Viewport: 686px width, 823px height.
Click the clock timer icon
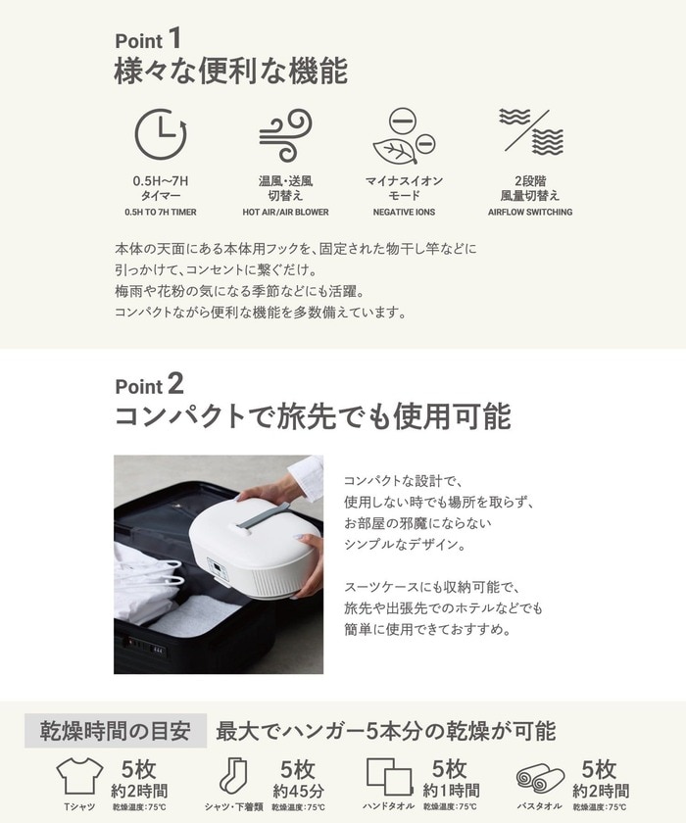tap(160, 134)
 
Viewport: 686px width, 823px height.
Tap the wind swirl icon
tap(285, 134)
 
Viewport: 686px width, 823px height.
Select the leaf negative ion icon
tap(403, 137)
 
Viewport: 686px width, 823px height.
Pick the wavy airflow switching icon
tap(530, 130)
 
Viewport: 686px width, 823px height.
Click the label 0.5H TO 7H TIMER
tap(160, 212)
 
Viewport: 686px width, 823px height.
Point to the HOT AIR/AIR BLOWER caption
tap(285, 212)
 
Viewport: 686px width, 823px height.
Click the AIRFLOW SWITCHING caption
tap(530, 212)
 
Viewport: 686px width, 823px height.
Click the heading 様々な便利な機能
tap(231, 72)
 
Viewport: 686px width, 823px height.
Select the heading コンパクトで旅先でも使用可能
tap(313, 416)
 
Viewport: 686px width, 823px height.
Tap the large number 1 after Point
tap(174, 39)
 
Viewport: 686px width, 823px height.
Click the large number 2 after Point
tap(175, 383)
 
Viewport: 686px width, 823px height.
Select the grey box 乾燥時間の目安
tap(116, 731)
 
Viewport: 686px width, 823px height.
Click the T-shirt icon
tap(79, 777)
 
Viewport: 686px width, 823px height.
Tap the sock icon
tap(233, 776)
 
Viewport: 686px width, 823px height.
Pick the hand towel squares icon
tap(389, 777)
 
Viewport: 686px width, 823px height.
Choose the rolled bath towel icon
tap(540, 779)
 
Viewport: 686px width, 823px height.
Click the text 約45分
tap(299, 790)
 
